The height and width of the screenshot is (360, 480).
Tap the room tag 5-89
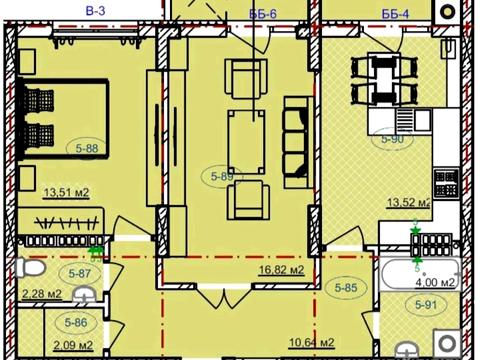click(222, 176)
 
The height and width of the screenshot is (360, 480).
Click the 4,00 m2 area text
click(436, 283)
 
